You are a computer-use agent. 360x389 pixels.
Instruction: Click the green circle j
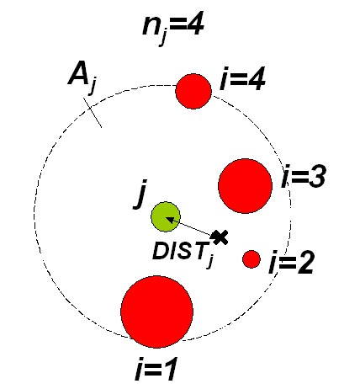click(166, 216)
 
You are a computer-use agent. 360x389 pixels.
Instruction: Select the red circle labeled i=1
click(157, 312)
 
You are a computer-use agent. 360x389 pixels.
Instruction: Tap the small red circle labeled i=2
click(251, 259)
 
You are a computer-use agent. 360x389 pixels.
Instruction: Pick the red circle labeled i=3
click(246, 186)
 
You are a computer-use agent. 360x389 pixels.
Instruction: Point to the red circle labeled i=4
click(193, 91)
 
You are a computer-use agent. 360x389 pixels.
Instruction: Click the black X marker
click(220, 237)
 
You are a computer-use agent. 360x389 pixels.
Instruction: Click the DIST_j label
click(183, 253)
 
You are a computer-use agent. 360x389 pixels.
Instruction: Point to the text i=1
click(156, 370)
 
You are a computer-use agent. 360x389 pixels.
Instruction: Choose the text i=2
click(291, 263)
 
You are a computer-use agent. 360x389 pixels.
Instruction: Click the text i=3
click(304, 176)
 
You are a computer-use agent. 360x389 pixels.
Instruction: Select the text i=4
click(242, 79)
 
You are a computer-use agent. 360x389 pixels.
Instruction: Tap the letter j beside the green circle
click(140, 194)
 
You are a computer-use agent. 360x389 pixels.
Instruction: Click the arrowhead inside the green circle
click(169, 220)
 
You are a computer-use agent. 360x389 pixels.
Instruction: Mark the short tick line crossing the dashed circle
click(93, 113)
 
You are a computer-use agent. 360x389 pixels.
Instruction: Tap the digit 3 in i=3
click(316, 176)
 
